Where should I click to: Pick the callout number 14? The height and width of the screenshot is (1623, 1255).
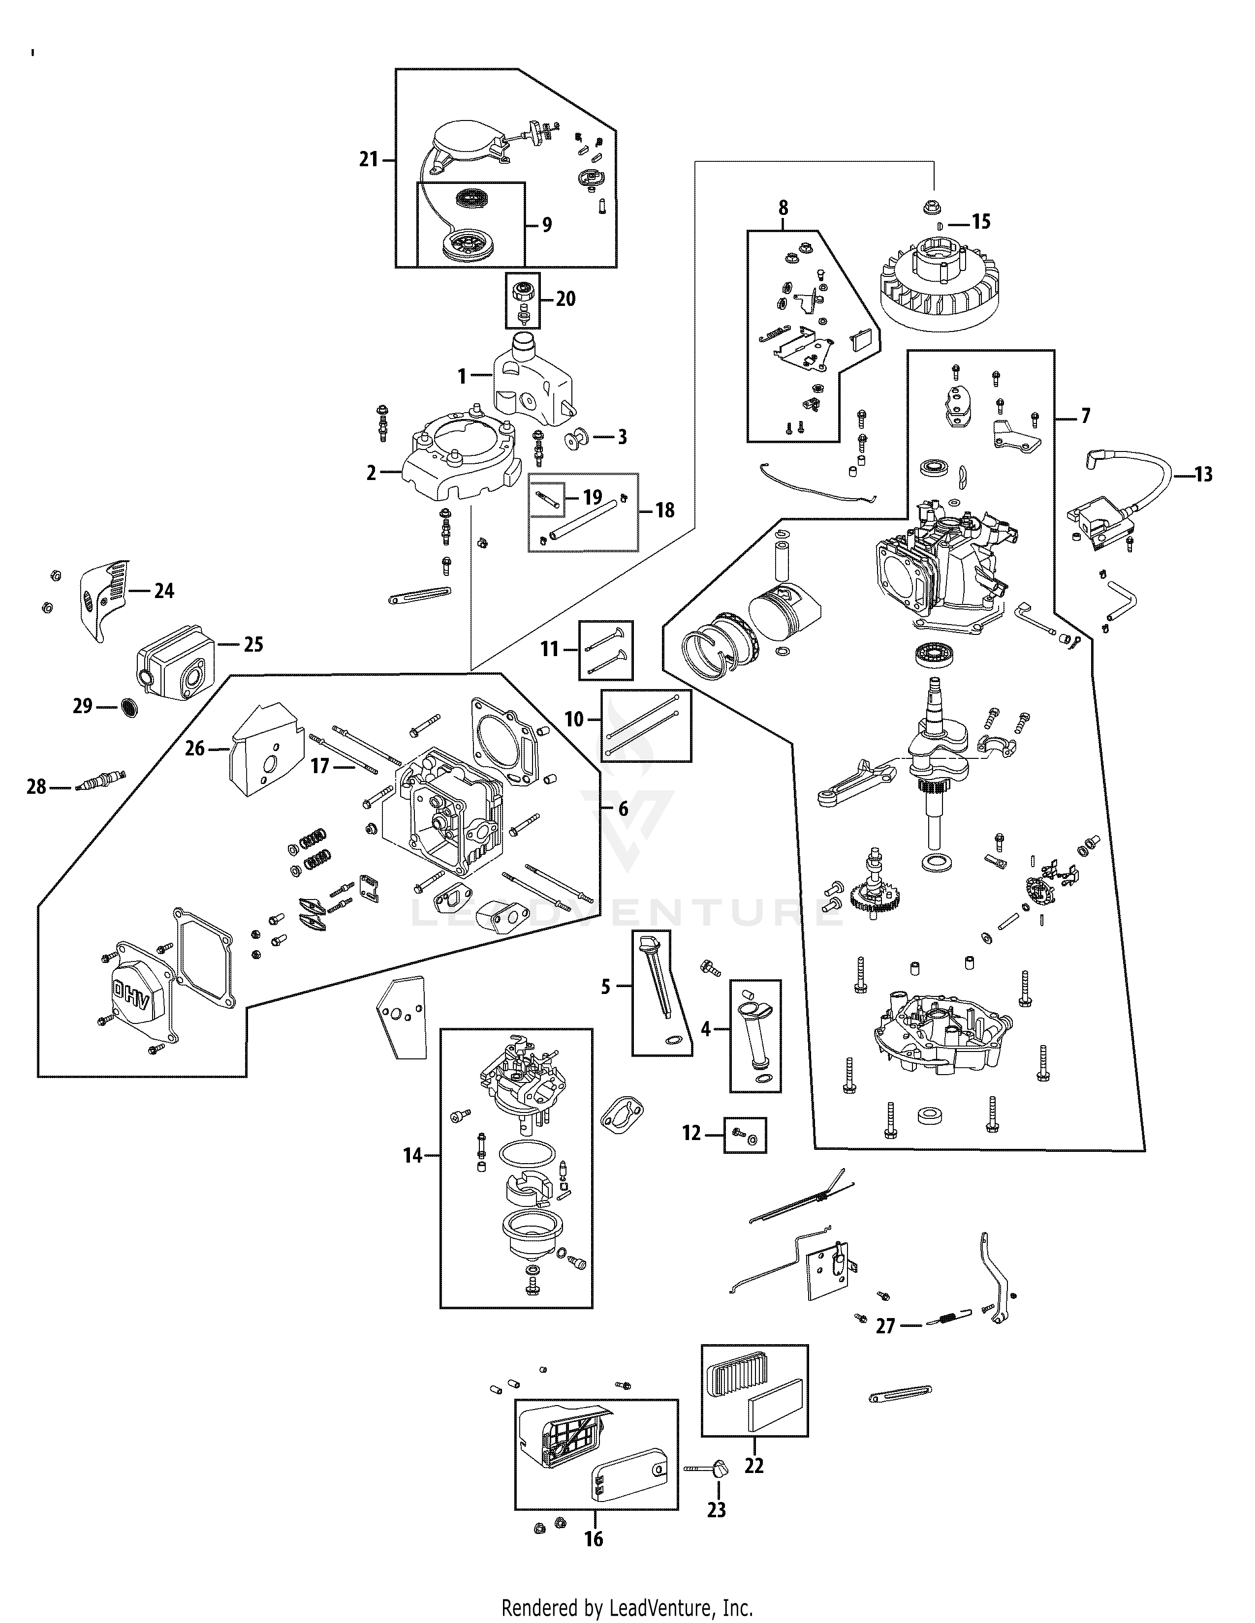(x=412, y=1155)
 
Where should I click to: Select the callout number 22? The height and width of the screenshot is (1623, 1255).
(x=754, y=1466)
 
